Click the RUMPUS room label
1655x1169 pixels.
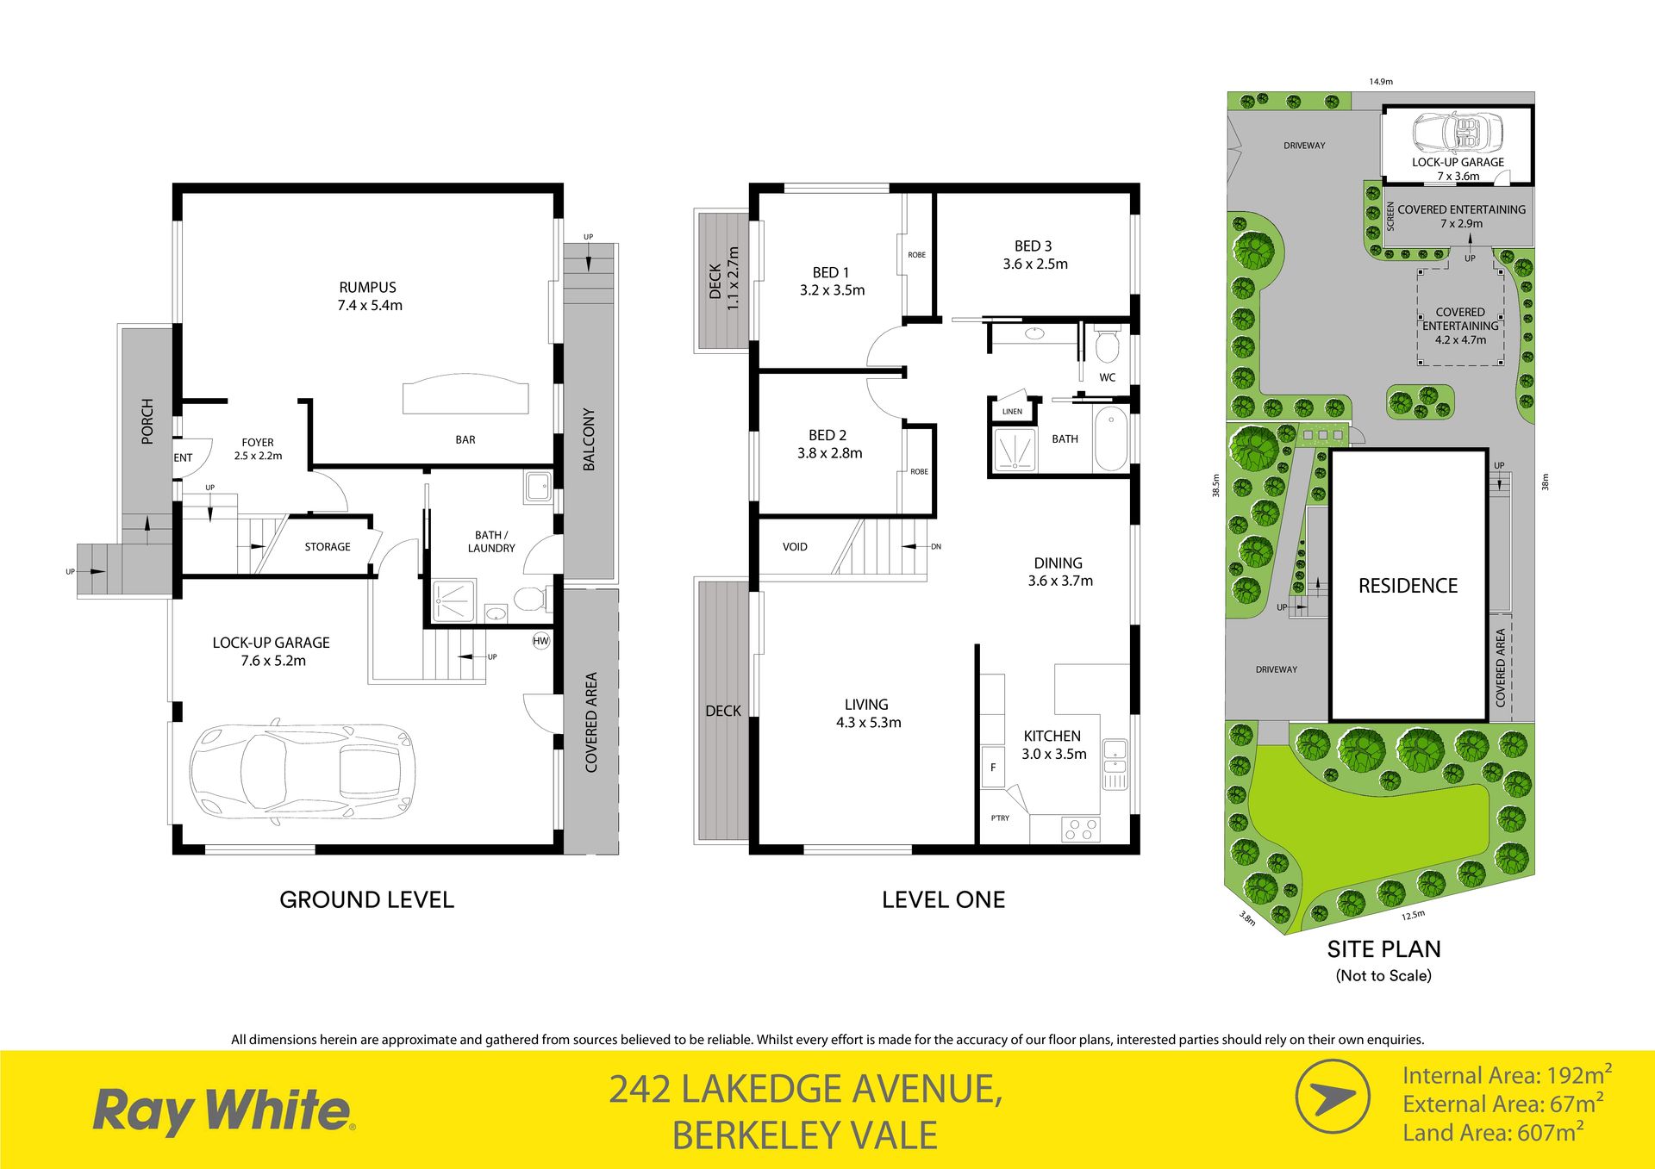(x=368, y=288)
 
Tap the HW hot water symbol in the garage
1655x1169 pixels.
(x=540, y=641)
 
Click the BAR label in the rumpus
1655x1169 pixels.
(x=465, y=440)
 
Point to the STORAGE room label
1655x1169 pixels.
(x=328, y=547)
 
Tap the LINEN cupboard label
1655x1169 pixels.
(x=1012, y=412)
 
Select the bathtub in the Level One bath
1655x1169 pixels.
(x=1111, y=439)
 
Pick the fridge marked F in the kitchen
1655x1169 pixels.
(x=993, y=768)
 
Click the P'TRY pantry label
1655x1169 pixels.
(x=1000, y=818)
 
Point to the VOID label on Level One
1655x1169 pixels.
(x=795, y=547)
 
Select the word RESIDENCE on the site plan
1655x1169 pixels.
(x=1408, y=586)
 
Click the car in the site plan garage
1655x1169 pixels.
(x=1457, y=133)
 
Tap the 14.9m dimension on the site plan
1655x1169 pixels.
(x=1381, y=82)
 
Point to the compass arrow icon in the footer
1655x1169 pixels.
(x=1333, y=1097)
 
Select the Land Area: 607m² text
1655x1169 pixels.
(x=1493, y=1132)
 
